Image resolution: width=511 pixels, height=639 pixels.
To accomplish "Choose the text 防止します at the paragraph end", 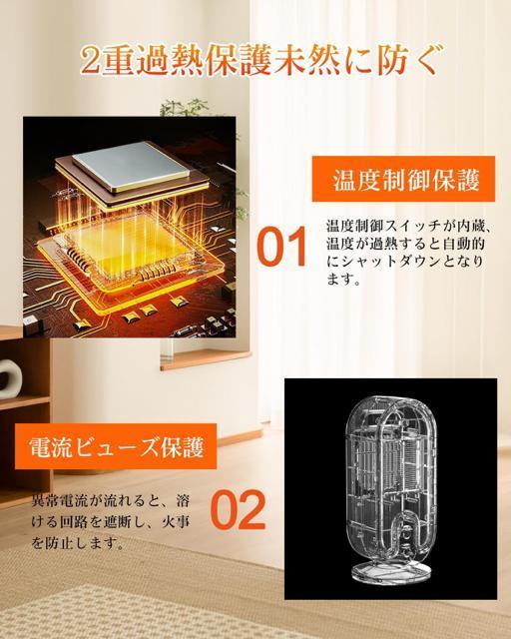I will pos(85,544).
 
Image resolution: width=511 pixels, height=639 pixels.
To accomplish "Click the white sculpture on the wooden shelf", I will pos(9,377).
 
